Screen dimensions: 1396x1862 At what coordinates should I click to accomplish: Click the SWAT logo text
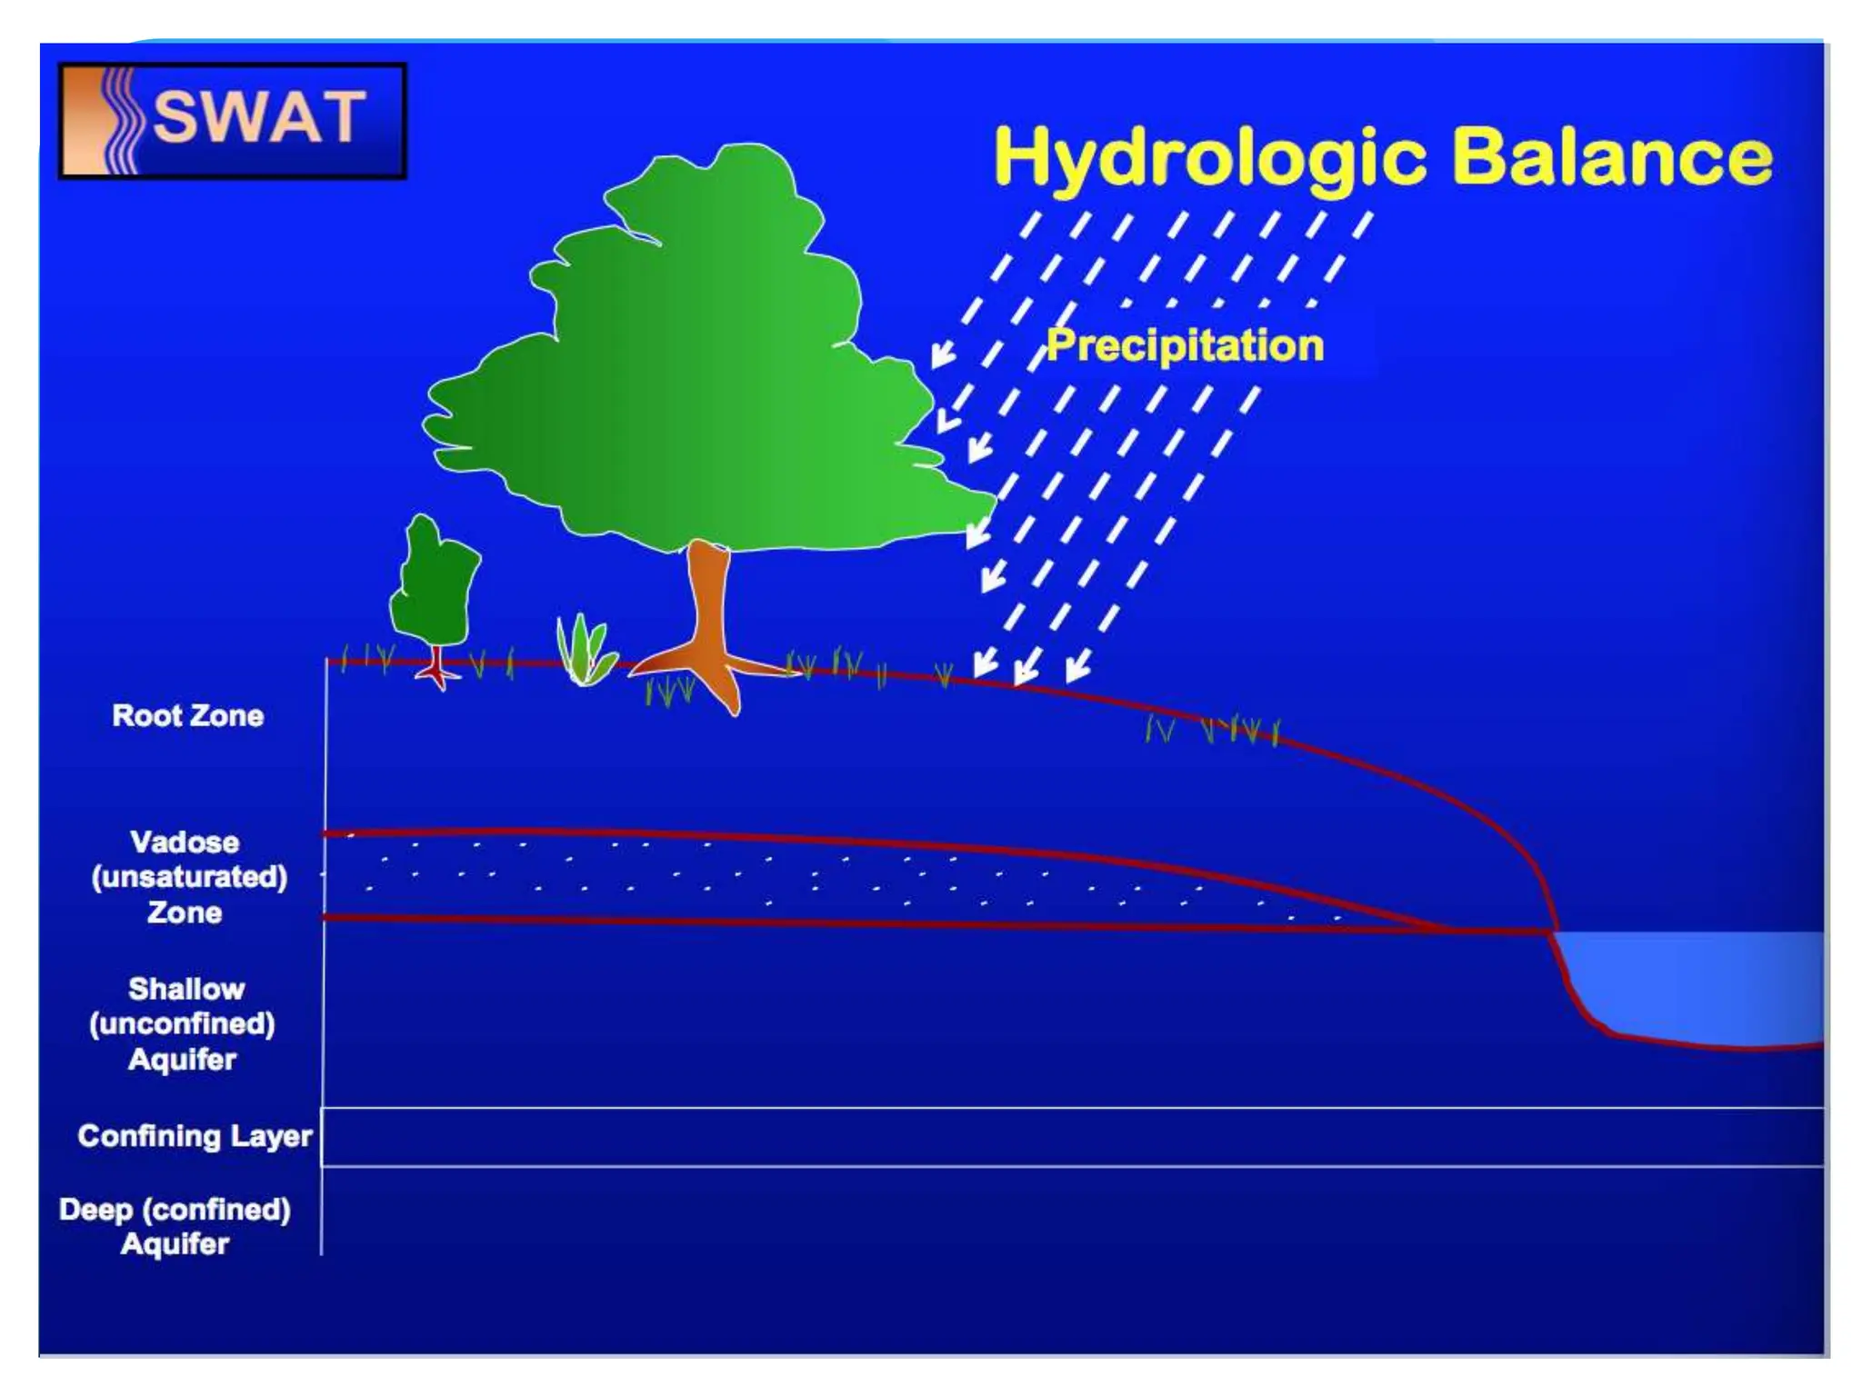[259, 118]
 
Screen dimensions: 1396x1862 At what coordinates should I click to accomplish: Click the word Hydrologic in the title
[1209, 159]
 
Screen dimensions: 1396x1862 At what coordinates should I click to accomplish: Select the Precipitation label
[1185, 346]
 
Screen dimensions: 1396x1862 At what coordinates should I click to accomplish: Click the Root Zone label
[188, 716]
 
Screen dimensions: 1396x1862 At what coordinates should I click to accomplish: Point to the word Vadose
[185, 843]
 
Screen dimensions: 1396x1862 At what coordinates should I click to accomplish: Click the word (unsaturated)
[189, 877]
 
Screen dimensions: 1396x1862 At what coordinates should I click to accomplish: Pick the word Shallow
[186, 989]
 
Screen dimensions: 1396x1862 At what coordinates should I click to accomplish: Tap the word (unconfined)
[182, 1024]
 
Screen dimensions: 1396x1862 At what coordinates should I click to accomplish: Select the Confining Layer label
[195, 1136]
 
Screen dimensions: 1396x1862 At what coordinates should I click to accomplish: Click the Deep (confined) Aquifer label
[175, 1227]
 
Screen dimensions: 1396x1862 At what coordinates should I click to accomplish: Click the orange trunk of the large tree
[707, 609]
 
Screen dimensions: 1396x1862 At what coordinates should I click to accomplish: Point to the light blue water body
[1700, 986]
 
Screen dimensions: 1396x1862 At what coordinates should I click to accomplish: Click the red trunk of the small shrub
[438, 668]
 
